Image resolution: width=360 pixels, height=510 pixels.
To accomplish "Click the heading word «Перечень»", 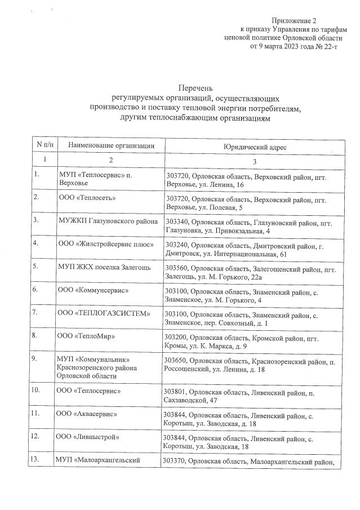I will (195, 89).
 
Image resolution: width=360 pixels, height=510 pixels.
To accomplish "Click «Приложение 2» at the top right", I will (318, 21).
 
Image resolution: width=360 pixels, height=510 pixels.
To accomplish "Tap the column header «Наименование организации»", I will (111, 146).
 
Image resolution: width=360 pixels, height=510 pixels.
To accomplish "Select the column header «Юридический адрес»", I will (255, 147).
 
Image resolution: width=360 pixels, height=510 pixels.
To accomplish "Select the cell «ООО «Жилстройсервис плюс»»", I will (107, 244).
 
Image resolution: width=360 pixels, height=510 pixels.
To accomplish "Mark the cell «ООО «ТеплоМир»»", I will (86, 336).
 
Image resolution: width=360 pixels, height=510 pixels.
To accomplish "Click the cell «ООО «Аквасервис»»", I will (87, 413).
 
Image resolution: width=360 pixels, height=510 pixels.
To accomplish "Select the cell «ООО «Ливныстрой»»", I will (88, 436).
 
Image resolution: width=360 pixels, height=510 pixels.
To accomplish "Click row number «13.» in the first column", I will (37, 459).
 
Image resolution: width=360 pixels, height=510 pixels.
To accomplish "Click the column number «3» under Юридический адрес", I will (255, 161).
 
